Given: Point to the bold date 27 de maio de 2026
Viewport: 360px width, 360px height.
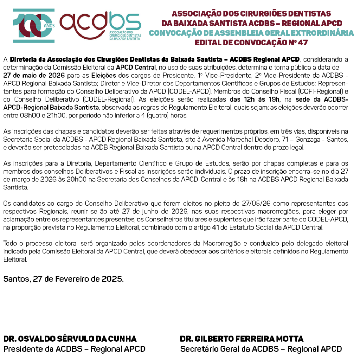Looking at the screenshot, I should click(x=34, y=75).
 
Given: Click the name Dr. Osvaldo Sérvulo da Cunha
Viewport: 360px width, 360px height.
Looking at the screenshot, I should click(x=70, y=339).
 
